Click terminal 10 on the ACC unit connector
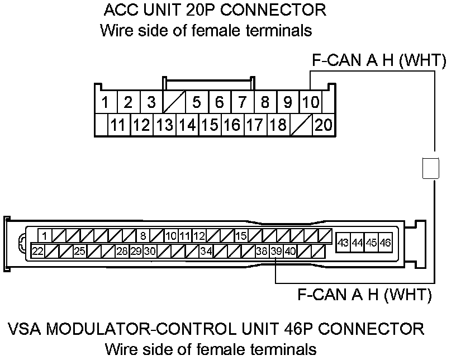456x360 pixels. tap(310, 102)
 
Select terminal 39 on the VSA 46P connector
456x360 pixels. tap(276, 251)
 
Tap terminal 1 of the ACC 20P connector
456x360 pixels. tap(105, 102)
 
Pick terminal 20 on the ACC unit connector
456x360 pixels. tap(323, 125)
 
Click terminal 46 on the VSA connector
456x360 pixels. tap(385, 243)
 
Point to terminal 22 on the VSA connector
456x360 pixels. tap(38, 251)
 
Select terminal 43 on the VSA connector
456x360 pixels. tap(343, 243)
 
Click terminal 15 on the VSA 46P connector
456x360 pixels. tap(241, 235)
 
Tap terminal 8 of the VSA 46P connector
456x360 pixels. tap(143, 235)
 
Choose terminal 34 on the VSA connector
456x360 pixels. tap(206, 251)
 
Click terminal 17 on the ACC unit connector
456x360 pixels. tap(255, 125)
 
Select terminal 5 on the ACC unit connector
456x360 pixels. tap(196, 102)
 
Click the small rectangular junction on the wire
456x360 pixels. tap(430, 168)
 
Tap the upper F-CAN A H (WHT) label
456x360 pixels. tap(379, 61)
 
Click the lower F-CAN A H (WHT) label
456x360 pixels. tap(364, 293)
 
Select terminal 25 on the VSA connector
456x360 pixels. tap(80, 251)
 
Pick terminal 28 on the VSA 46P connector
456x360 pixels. tap(122, 251)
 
